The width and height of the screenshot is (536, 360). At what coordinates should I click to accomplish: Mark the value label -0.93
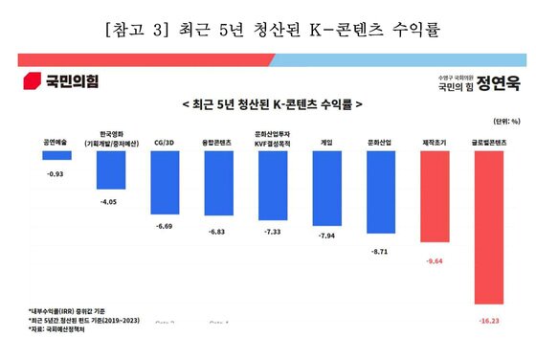[55, 174]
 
